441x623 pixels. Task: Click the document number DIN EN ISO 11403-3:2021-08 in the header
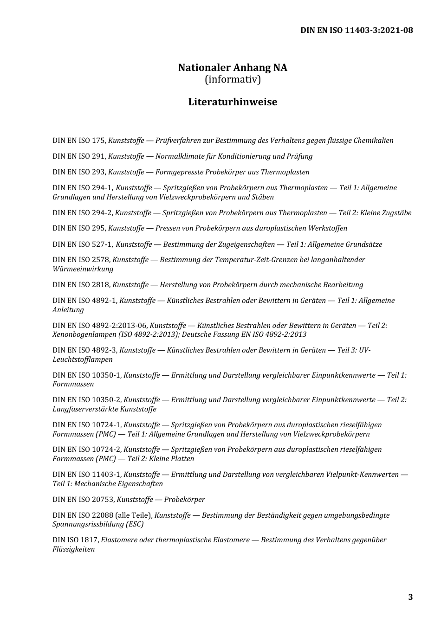click(x=356, y=31)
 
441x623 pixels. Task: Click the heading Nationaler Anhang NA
click(x=233, y=68)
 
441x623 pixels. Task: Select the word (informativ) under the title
click(x=233, y=80)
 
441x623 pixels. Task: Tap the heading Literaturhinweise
click(x=233, y=102)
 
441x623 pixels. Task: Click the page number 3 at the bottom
click(x=410, y=597)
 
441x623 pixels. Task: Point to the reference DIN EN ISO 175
click(x=79, y=141)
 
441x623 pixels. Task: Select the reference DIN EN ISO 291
click(x=79, y=156)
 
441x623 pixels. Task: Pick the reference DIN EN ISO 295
click(x=79, y=228)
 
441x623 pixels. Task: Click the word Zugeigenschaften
click(x=246, y=244)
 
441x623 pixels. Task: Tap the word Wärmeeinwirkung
click(x=83, y=269)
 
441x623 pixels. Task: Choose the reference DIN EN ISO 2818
click(x=81, y=285)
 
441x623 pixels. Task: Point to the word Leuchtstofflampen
click(x=83, y=360)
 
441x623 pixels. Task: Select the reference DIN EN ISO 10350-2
click(x=87, y=400)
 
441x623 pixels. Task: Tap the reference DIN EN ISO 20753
click(x=83, y=500)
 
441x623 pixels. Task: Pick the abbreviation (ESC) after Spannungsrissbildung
click(x=134, y=525)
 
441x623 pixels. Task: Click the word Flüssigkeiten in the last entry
click(x=73, y=550)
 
